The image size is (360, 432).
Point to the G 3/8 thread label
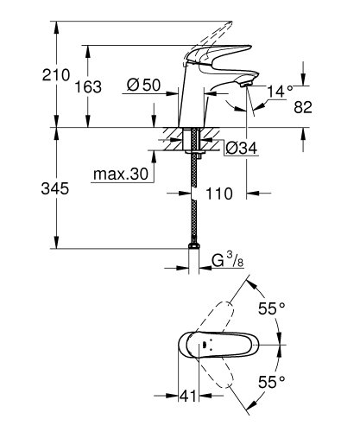(x=228, y=259)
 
